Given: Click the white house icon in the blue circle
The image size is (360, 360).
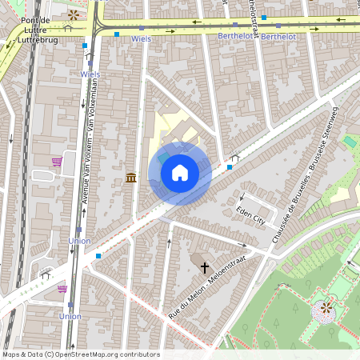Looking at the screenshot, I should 180,173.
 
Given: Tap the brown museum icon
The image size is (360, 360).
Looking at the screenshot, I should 130,177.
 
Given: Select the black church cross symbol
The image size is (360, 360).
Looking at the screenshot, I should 204,267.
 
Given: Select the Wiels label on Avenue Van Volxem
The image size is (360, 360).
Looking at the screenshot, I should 90,74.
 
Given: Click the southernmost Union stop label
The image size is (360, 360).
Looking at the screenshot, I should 70,317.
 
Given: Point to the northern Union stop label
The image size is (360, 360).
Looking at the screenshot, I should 80,241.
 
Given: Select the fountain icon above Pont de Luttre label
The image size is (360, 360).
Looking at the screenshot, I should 74,14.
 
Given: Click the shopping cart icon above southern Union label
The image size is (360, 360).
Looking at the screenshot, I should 62,289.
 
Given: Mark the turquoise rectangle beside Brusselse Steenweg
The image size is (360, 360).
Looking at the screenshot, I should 350,142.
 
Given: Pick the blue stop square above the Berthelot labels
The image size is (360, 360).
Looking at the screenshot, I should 263,17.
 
